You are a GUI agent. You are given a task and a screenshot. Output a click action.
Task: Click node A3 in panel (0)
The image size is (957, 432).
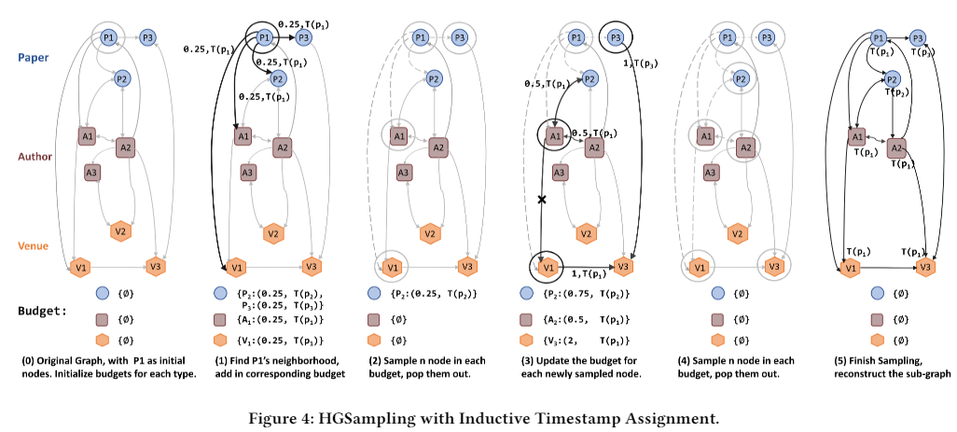click(92, 173)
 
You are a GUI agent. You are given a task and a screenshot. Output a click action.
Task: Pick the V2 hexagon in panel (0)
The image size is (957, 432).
click(121, 231)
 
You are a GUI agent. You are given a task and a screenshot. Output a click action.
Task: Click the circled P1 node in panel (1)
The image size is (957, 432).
click(264, 38)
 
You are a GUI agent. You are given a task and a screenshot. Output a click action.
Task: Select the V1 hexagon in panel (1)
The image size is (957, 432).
click(236, 268)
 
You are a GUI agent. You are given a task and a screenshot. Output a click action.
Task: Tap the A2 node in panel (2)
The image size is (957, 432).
click(437, 146)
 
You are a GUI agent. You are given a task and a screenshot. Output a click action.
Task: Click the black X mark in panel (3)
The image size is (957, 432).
click(541, 200)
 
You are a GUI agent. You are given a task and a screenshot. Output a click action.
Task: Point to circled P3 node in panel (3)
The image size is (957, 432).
click(617, 38)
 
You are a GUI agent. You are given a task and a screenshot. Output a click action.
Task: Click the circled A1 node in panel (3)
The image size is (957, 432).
click(554, 136)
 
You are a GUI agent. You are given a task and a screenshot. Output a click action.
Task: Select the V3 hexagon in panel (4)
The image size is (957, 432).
click(774, 267)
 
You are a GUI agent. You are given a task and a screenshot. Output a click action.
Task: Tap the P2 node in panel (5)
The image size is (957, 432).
click(893, 79)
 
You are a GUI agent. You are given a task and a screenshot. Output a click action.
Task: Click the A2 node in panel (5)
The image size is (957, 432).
click(896, 147)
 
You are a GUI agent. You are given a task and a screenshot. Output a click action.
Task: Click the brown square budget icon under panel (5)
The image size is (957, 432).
click(876, 318)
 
